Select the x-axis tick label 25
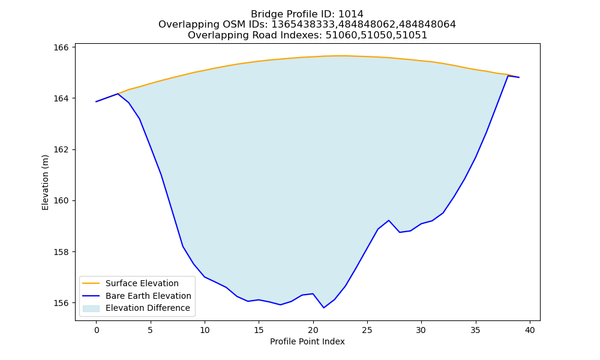[x=367, y=330]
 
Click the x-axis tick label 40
[x=530, y=330]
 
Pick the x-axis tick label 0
[x=96, y=330]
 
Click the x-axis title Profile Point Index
[x=307, y=341]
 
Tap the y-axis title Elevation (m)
[x=45, y=182]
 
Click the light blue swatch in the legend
[x=91, y=308]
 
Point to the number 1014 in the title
[x=351, y=14]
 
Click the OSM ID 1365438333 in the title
[x=302, y=25]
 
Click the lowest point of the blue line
[x=324, y=308]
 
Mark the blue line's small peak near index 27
[x=389, y=220]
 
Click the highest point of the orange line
[x=341, y=56]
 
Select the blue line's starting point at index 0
[x=96, y=102]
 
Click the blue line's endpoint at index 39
[x=519, y=77]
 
